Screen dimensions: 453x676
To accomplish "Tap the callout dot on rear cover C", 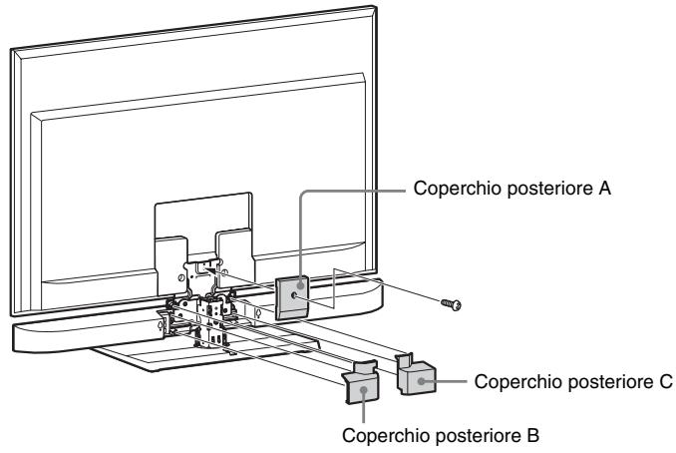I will (420, 380).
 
